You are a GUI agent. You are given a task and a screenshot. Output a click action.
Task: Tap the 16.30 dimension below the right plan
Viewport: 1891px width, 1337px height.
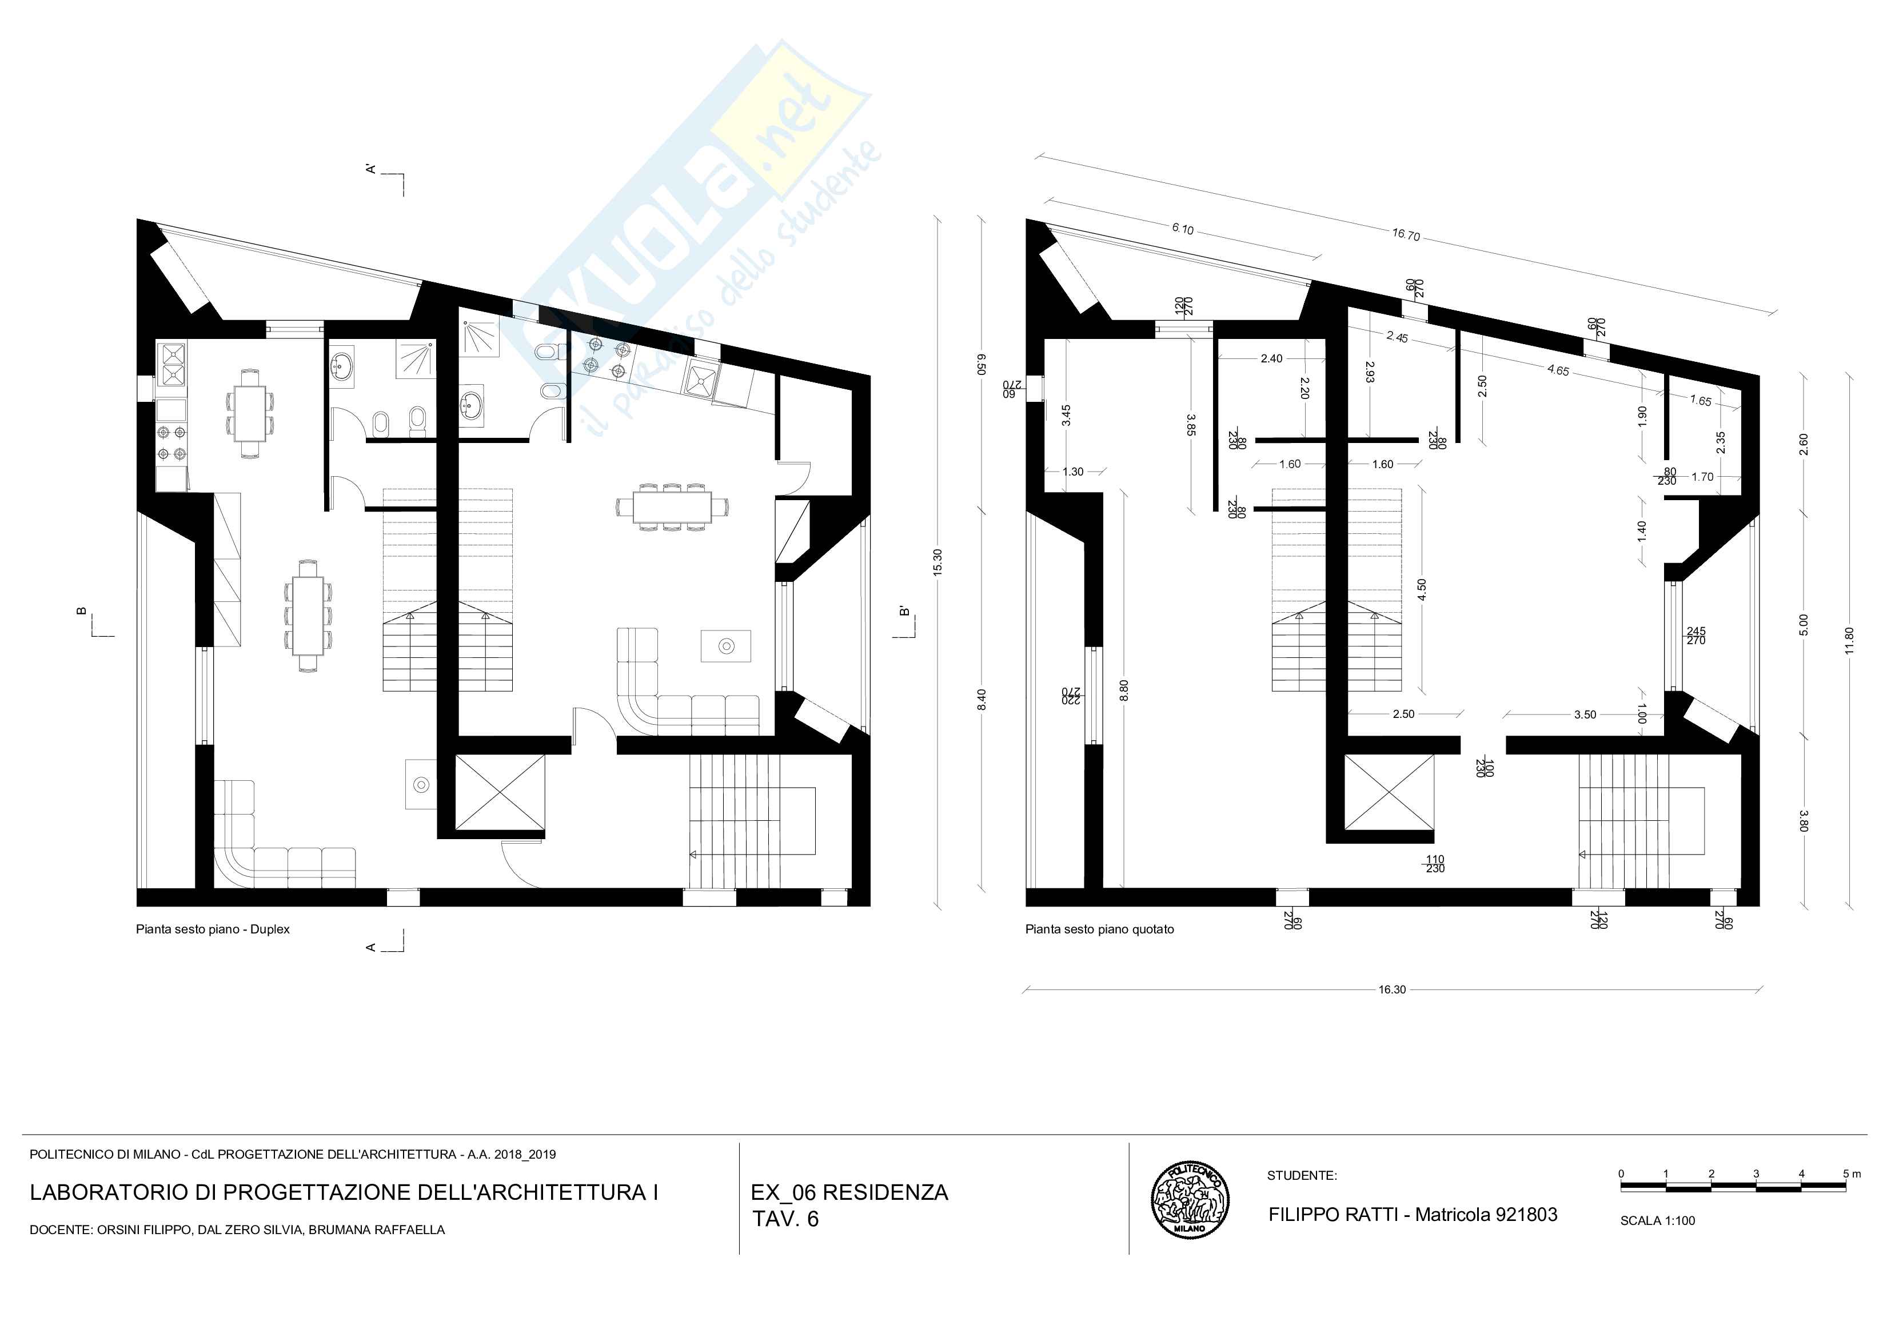(x=1392, y=989)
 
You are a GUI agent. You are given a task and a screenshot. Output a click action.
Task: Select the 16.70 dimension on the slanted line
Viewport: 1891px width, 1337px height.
(x=1406, y=235)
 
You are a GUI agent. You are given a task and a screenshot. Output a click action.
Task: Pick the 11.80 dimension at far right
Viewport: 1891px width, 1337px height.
(x=1849, y=641)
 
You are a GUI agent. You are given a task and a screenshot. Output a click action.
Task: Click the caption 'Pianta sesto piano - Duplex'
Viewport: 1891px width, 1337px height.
(x=213, y=929)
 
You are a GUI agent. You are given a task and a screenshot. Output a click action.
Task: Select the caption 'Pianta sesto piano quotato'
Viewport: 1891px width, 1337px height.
(x=1099, y=929)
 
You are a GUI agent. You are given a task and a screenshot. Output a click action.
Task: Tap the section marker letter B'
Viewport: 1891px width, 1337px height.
(x=904, y=611)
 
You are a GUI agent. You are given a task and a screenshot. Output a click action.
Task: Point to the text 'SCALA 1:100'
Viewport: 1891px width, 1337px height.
(x=1657, y=1221)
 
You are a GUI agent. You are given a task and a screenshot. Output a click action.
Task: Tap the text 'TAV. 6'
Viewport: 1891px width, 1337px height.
(x=785, y=1219)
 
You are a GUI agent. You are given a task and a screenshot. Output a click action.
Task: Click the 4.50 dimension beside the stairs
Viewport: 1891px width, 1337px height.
(x=1422, y=590)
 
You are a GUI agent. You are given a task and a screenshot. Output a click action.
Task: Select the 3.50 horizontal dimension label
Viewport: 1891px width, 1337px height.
(x=1585, y=715)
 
